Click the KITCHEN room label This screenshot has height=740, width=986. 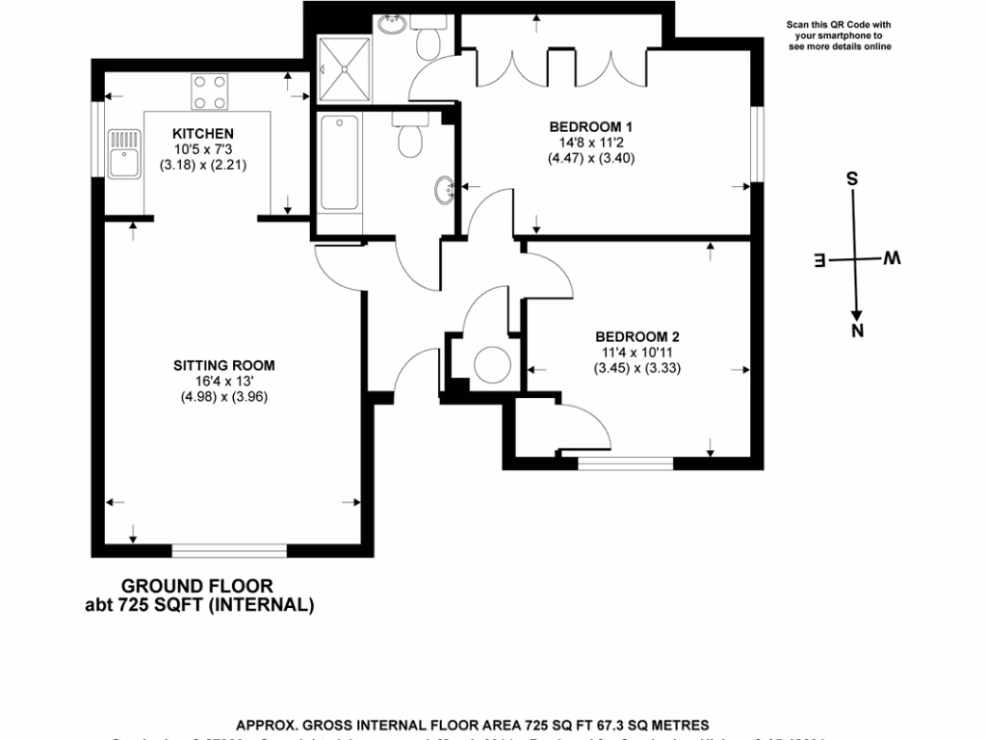coord(202,133)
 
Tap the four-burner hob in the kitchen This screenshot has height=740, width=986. coord(209,91)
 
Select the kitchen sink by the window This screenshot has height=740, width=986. coord(124,155)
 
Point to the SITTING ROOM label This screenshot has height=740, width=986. coord(224,365)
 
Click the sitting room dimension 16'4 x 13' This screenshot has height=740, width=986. coord(224,381)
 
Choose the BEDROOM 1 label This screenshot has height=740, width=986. coord(590,126)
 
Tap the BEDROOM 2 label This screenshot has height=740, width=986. coord(637,336)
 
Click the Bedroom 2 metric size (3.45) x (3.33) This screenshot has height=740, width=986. coord(637,367)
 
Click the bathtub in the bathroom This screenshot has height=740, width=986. coord(339,164)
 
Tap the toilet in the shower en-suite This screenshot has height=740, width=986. coord(428,40)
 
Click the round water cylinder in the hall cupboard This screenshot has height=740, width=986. coord(492,363)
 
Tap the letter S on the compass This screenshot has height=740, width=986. coord(851,179)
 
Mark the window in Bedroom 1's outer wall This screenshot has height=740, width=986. coord(758,143)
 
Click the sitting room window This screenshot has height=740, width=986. coord(229,551)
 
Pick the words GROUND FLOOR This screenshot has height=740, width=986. coord(196,586)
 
